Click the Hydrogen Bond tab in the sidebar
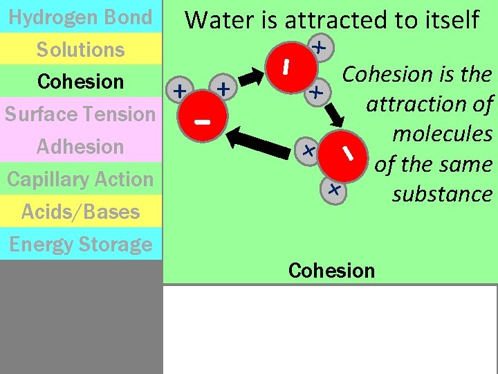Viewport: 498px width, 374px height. [80, 17]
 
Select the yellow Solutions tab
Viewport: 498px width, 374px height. [80, 49]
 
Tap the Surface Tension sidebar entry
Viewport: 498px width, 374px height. [80, 114]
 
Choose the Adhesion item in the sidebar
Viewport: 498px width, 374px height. [80, 146]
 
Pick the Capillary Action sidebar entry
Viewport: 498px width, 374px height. [80, 179]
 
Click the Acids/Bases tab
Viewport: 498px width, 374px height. [80, 211]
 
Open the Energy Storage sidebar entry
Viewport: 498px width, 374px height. [80, 244]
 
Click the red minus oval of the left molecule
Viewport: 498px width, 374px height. [203, 122]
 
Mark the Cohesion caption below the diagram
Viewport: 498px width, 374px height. [331, 270]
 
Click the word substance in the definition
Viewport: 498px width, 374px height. [441, 194]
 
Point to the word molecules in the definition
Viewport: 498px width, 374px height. [441, 134]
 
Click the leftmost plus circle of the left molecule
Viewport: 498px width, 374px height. [180, 90]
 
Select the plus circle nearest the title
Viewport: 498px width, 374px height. [319, 47]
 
